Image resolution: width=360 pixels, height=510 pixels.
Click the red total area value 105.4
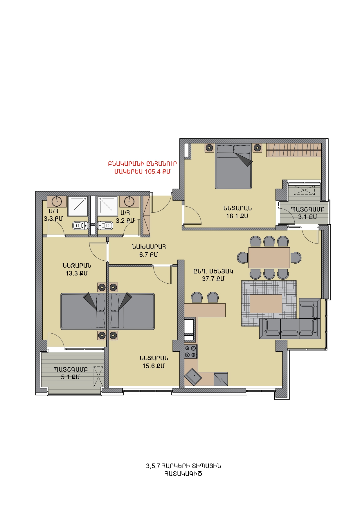[152, 172]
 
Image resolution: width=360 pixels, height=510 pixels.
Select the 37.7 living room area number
[208, 279]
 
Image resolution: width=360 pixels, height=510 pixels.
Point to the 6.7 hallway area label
[143, 255]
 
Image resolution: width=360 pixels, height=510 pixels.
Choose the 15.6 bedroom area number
[148, 366]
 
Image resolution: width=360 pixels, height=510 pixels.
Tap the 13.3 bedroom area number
[71, 273]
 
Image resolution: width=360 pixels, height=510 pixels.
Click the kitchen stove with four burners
[191, 351]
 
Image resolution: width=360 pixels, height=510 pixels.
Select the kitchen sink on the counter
[194, 377]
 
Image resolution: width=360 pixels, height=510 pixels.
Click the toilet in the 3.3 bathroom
[80, 226]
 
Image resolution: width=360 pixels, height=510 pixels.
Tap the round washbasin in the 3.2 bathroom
[129, 201]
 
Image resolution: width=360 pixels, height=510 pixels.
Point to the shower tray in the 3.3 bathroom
[78, 206]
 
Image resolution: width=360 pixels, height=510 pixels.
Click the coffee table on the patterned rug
[266, 304]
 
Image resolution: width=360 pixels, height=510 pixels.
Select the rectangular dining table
[269, 257]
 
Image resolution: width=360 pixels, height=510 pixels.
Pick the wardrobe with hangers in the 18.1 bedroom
[294, 150]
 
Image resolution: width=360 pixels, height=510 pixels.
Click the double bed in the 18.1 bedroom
[233, 166]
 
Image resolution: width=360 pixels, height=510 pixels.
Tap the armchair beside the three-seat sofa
[309, 308]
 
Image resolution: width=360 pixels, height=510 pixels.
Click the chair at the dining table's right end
[296, 258]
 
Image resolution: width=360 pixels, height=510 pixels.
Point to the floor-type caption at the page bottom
[183, 470]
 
